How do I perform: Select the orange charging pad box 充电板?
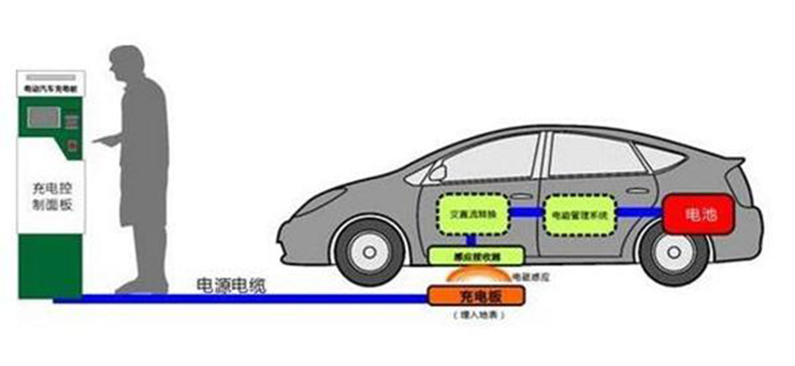pyautogui.click(x=476, y=296)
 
